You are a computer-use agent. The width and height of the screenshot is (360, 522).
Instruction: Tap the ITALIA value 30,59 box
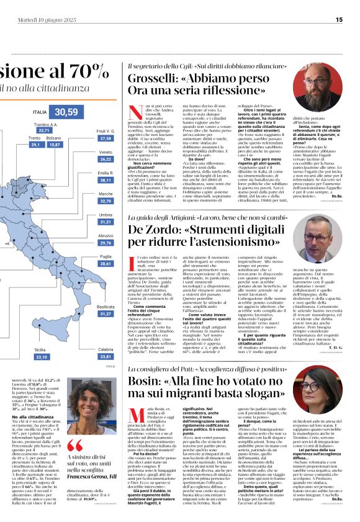[x=66, y=112]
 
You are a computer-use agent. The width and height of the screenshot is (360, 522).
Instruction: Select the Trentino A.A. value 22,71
[x=44, y=131]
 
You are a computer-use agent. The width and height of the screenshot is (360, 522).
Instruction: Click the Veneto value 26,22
[x=106, y=159]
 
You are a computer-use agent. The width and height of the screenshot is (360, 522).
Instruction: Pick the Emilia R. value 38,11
[x=106, y=180]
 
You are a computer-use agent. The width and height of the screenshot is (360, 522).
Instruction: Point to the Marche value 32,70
[x=106, y=201]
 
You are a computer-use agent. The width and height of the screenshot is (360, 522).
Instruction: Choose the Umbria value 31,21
[x=106, y=222]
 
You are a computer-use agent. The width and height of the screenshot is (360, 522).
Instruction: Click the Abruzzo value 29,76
[x=106, y=243]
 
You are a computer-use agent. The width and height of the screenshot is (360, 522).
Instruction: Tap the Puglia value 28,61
[x=106, y=264]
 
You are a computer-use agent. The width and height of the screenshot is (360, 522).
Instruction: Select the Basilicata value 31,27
[x=106, y=314]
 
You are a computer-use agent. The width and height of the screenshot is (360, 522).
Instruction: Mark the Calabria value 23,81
[x=106, y=356]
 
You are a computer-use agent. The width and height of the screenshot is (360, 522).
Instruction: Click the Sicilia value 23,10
[x=42, y=357]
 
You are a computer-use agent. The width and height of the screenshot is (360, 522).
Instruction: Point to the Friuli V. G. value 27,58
[x=106, y=138]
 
